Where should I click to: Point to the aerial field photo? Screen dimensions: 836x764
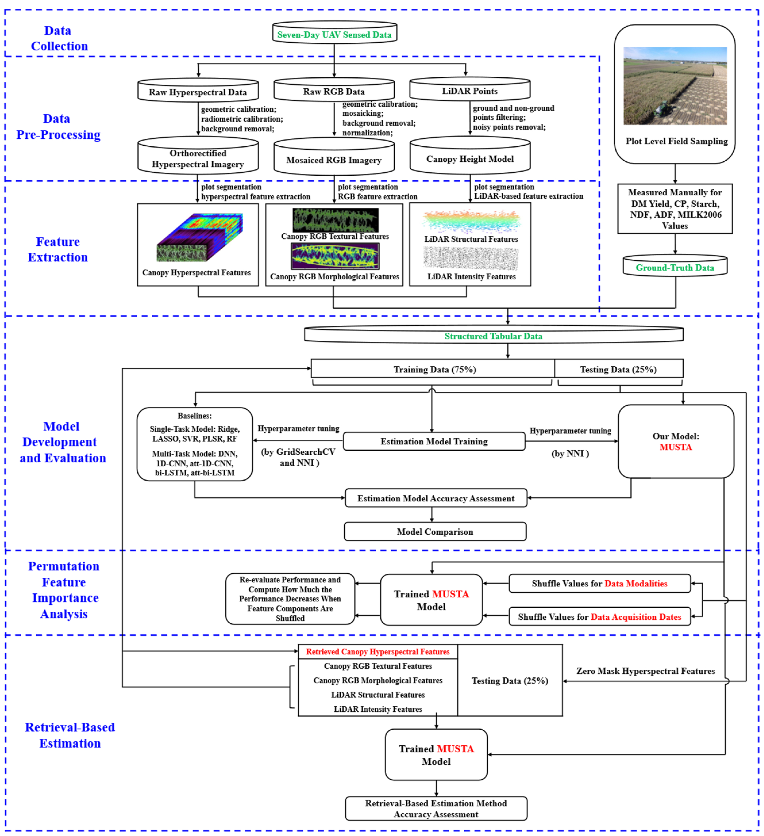675,86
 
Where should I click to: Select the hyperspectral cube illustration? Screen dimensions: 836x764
199,237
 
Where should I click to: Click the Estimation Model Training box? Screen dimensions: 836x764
434,441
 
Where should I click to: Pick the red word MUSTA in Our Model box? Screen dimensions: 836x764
675,447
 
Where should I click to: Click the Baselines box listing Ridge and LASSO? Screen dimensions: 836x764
194,444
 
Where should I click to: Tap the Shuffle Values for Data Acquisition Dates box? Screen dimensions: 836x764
599,616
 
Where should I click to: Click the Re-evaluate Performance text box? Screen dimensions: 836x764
290,598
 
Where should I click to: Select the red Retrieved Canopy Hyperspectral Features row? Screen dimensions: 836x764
378,651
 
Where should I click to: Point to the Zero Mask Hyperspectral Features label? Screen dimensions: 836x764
645,670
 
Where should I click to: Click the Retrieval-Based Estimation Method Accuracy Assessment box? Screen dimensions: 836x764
436,808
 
